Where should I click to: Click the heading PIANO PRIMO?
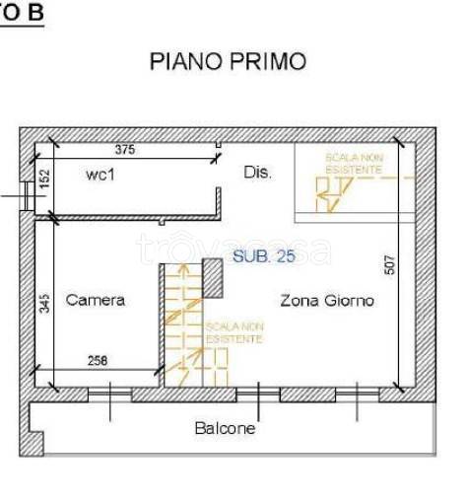227,61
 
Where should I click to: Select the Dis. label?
257,173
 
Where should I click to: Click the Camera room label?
95,300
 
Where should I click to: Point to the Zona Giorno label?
326,300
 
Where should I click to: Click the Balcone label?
225,428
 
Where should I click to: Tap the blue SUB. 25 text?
264,256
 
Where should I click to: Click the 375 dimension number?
124,151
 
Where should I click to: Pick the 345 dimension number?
44,303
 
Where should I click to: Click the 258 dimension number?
97,361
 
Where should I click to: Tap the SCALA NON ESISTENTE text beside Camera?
234,332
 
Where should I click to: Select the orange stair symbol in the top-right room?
332,192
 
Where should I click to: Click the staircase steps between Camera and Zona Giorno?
181,321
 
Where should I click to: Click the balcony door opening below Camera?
108,395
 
